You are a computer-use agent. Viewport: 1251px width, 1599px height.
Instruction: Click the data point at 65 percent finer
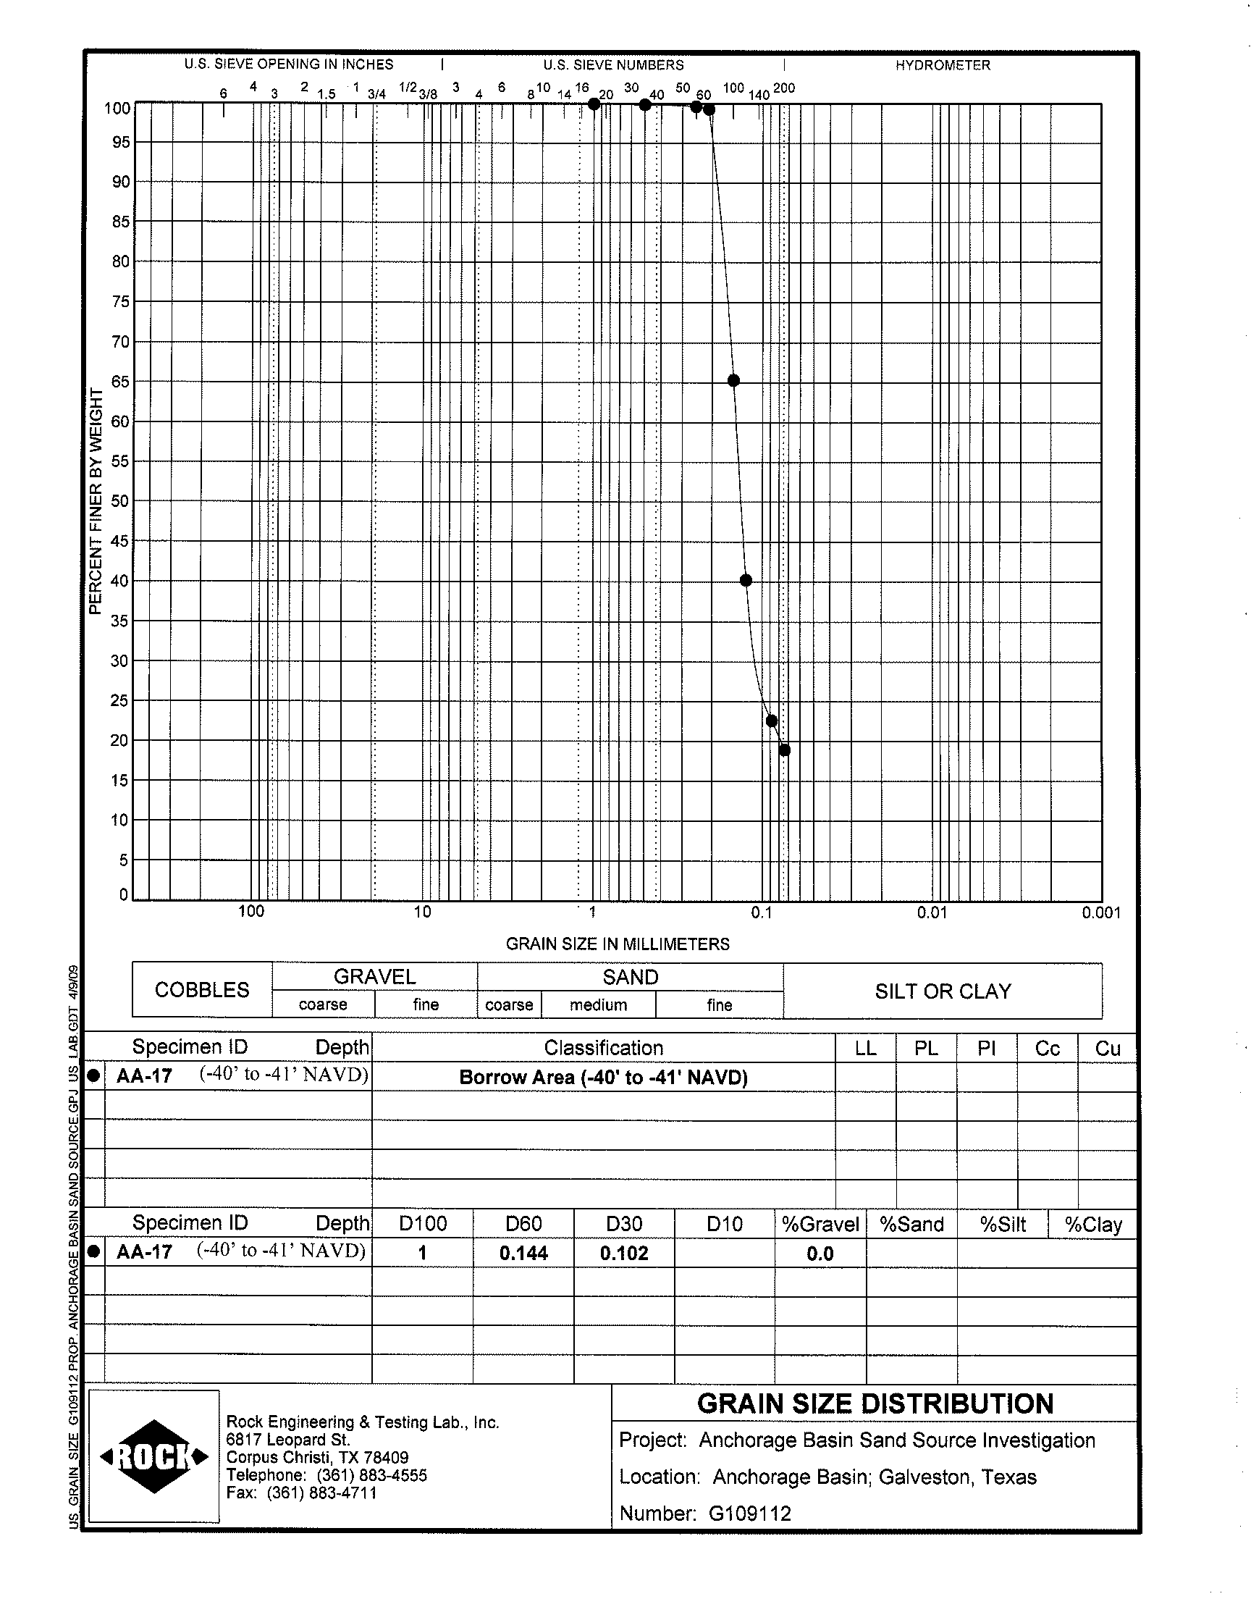[x=733, y=380]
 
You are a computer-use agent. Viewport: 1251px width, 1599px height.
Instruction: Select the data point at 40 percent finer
[x=746, y=580]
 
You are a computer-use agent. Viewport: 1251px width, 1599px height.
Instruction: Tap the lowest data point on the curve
[x=785, y=750]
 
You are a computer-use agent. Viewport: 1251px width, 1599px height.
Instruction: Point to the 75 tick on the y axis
[x=120, y=301]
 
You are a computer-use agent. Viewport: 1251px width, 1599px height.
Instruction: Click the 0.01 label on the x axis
[x=932, y=912]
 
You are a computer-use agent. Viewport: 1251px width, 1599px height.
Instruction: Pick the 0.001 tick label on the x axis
[x=1101, y=912]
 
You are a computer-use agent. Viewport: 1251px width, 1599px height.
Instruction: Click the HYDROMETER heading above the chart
[x=942, y=65]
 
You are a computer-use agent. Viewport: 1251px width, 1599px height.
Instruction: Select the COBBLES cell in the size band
[x=202, y=989]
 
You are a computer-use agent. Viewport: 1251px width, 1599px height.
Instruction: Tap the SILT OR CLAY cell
[x=943, y=991]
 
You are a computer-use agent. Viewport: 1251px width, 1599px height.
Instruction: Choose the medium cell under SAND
[x=599, y=1005]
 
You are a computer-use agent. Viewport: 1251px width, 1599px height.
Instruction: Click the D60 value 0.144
[x=523, y=1254]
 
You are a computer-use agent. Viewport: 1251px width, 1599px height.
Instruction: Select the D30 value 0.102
[x=624, y=1254]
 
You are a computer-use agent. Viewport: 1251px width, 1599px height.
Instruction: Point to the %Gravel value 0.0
[x=820, y=1254]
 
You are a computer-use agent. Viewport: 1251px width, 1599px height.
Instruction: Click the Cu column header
[x=1108, y=1049]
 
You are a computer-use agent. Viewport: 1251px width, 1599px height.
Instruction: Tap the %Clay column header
[x=1092, y=1225]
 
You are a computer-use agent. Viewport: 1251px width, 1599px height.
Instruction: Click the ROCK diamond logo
[x=153, y=1457]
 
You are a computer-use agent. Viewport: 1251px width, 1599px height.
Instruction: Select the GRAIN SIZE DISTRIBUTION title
[x=875, y=1403]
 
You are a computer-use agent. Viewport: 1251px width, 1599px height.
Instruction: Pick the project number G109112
[x=750, y=1514]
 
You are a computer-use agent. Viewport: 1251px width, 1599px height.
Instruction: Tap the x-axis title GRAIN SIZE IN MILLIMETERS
[x=618, y=944]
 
